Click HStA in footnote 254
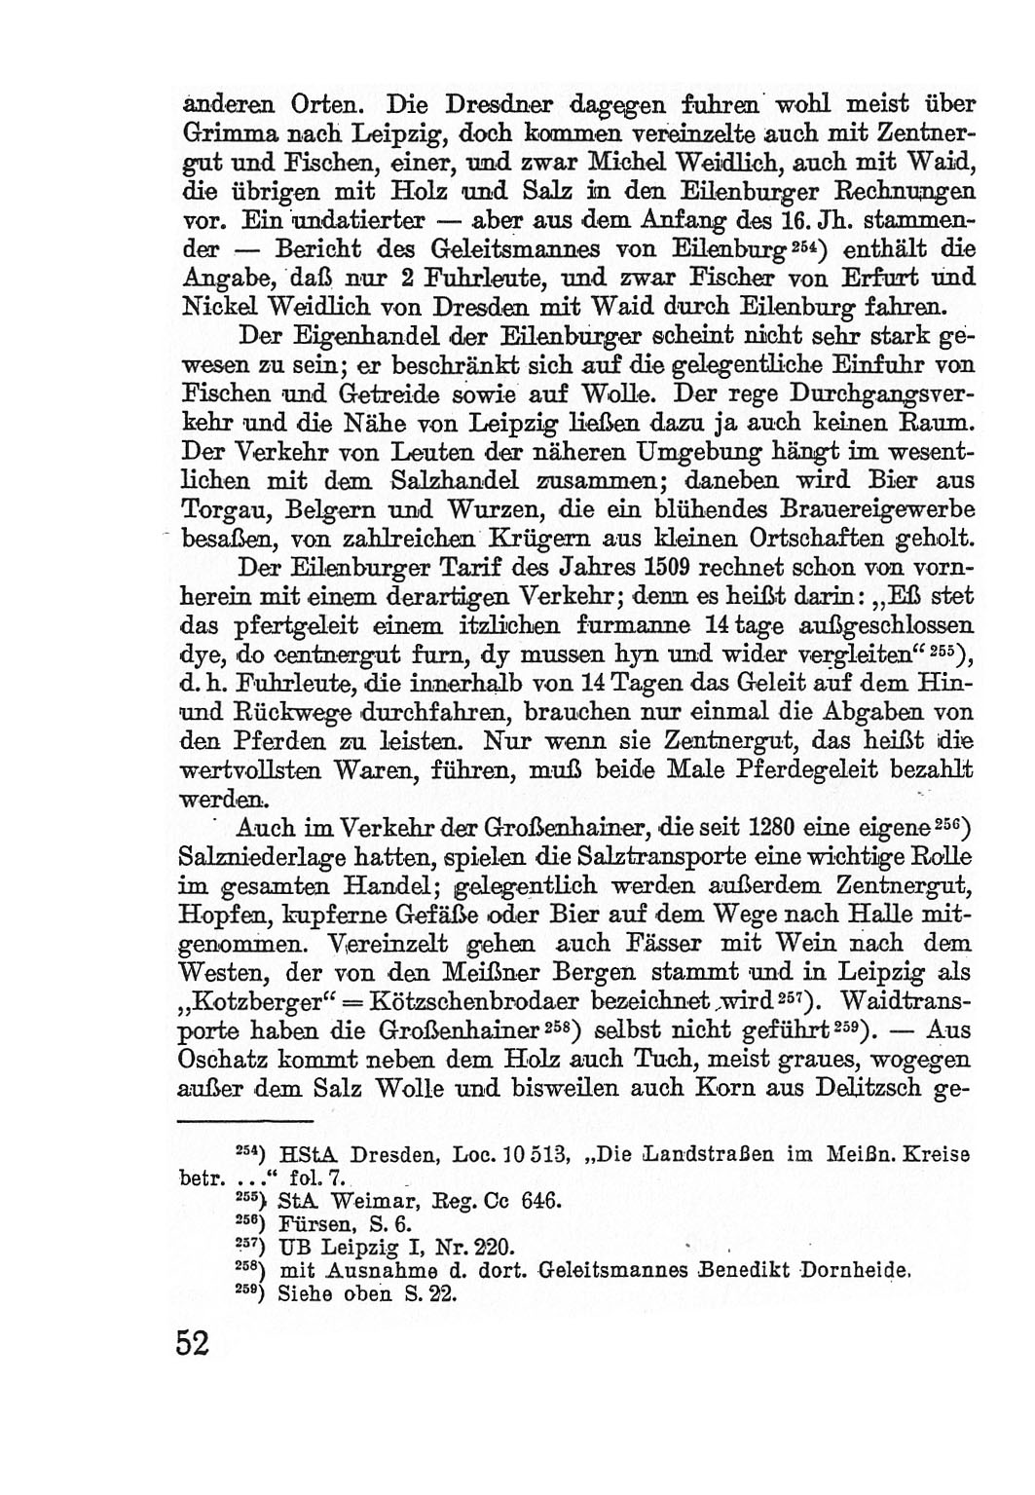305,1155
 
